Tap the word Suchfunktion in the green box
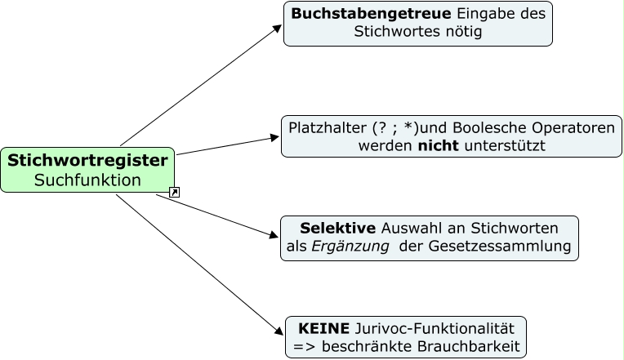(87, 180)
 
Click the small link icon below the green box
(174, 193)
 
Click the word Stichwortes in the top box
(394, 33)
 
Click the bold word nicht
(439, 147)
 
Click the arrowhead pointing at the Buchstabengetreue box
(277, 27)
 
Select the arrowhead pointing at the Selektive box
(274, 236)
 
